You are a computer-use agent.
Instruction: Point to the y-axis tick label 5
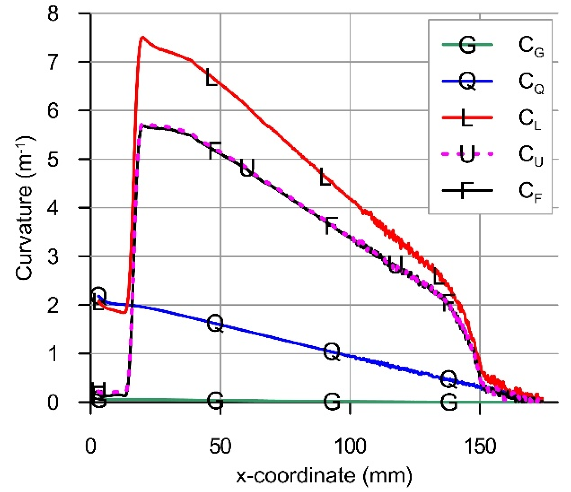coord(53,160)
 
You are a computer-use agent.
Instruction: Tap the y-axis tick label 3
coord(53,257)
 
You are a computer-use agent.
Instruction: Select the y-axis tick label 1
coord(53,354)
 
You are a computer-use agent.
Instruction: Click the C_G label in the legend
coord(531,46)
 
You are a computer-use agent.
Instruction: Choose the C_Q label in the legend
coord(531,83)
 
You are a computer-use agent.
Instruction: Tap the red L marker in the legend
coord(467,117)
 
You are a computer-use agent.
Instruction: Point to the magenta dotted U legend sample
coord(467,154)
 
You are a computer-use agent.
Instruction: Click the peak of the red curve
coord(142,37)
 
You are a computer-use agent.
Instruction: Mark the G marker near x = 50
coord(215,401)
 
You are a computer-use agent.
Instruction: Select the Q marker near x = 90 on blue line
coord(331,351)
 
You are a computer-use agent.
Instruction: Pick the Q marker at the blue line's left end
coord(98,295)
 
